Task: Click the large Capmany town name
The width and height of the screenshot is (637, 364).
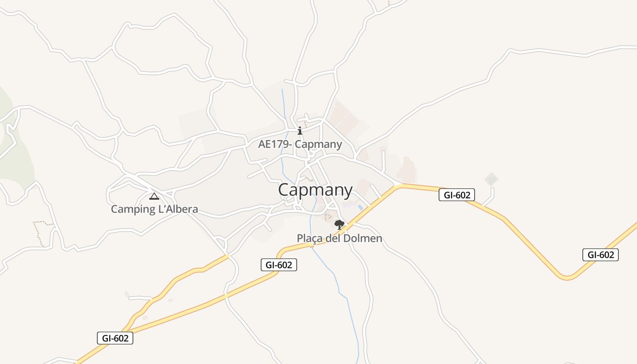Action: (315, 190)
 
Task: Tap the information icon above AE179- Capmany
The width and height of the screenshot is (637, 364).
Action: (299, 131)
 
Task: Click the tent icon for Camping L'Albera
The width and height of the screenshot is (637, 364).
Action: (154, 196)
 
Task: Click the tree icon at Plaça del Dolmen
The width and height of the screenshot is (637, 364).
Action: (339, 224)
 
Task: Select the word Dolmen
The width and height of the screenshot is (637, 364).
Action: (363, 238)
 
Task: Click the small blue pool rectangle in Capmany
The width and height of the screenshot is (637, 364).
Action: (360, 207)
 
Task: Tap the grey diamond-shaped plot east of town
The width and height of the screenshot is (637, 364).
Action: (491, 179)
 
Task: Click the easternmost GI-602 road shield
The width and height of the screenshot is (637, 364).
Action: (600, 255)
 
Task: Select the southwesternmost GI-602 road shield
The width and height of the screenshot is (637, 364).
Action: (115, 338)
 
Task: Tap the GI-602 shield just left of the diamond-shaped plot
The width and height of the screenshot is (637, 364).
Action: (457, 195)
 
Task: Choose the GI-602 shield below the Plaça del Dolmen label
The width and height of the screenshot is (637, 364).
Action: (278, 265)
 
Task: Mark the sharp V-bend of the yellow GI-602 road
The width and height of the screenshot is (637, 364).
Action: (566, 277)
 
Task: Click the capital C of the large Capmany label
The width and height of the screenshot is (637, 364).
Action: (285, 190)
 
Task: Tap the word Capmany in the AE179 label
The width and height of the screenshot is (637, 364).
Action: (318, 145)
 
